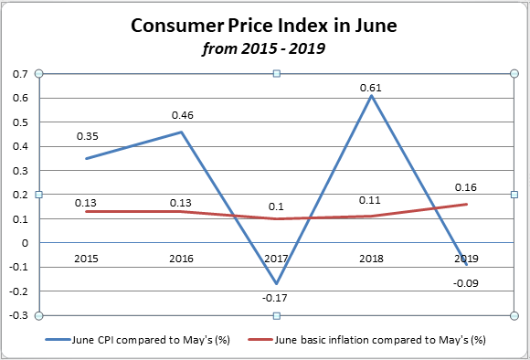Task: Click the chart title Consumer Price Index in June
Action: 264,26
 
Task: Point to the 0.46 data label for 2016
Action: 182,116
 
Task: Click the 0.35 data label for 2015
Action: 87,136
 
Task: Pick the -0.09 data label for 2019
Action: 466,282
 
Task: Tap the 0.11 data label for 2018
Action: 371,200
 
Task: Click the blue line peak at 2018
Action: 372,96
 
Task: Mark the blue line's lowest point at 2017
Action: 277,284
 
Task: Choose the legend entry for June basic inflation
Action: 379,339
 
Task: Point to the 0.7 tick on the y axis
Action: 20,74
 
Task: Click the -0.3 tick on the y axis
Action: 18,316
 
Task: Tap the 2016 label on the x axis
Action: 182,259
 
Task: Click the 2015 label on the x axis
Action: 87,259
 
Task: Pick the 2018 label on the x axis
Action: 371,259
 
